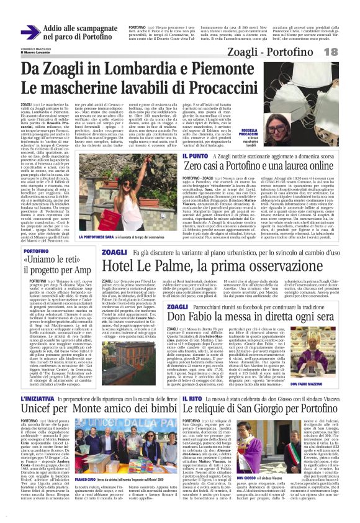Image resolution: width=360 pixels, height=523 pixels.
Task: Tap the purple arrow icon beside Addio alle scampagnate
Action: tap(30, 32)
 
